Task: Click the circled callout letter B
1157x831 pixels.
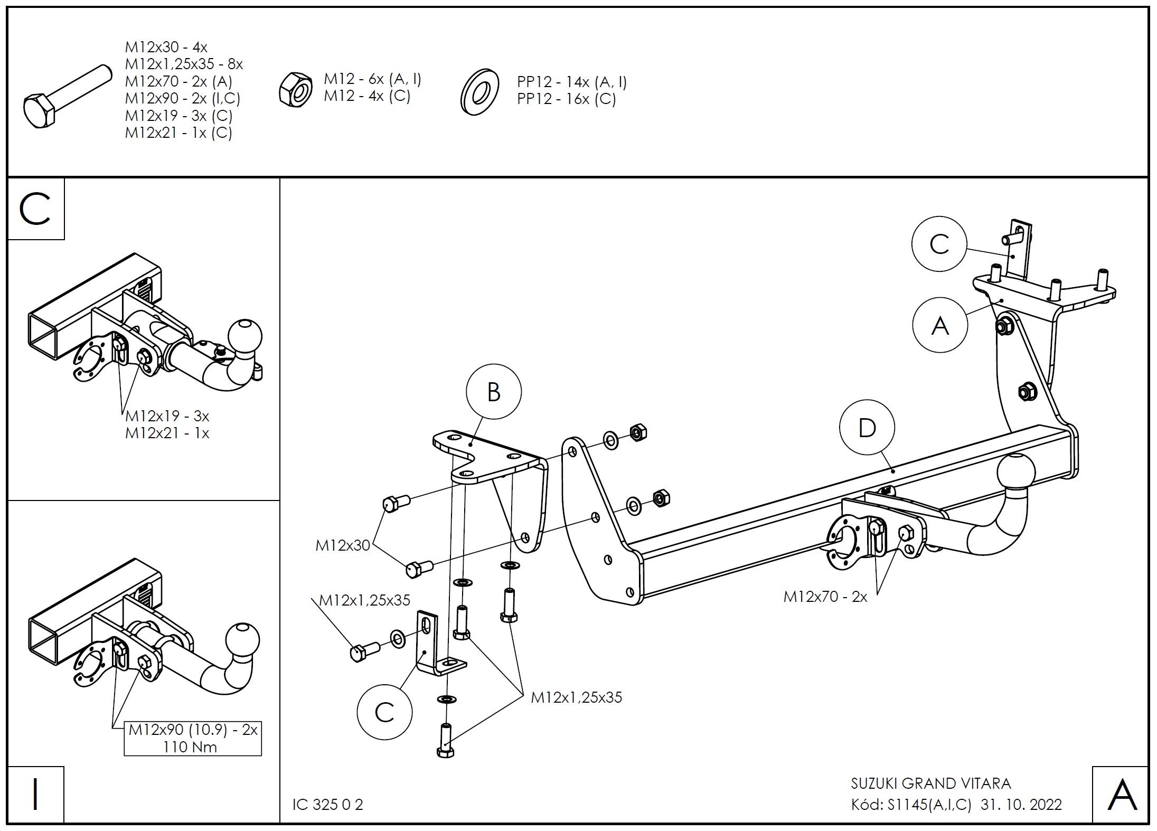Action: (493, 392)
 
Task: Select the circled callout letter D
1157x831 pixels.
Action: (867, 428)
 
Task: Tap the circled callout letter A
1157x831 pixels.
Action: (939, 325)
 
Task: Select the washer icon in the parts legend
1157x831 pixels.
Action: (480, 91)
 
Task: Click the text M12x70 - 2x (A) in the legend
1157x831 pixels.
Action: (178, 81)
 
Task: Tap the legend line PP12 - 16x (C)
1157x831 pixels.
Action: (566, 99)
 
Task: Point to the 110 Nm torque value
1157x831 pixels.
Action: (190, 747)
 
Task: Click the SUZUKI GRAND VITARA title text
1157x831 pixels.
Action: (930, 783)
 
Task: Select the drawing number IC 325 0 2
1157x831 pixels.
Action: (328, 805)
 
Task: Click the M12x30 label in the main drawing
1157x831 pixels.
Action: (343, 545)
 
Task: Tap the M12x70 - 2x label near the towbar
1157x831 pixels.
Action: (825, 597)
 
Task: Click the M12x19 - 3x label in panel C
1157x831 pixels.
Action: (167, 416)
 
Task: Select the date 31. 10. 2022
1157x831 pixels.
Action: (1021, 805)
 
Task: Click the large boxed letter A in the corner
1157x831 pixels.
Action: (1122, 796)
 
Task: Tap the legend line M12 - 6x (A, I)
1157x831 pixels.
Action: (372, 79)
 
